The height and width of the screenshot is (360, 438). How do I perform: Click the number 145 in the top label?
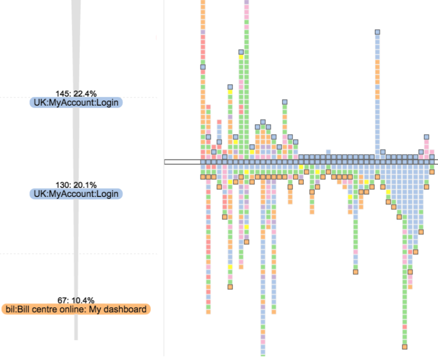click(61, 93)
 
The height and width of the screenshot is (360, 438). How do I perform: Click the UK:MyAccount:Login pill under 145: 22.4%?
click(76, 102)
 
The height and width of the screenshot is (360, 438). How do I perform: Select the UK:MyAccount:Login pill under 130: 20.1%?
click(76, 194)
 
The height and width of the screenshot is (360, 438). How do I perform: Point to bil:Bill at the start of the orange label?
click(18, 310)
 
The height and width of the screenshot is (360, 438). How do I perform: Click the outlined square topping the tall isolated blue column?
click(377, 32)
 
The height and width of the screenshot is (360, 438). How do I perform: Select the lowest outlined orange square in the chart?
click(405, 347)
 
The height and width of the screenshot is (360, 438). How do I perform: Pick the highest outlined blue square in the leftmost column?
click(203, 67)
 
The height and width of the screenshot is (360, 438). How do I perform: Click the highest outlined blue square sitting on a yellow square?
click(241, 52)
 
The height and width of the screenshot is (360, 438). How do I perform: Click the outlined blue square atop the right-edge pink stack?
click(427, 137)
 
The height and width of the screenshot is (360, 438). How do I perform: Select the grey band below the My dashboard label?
click(76, 328)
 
